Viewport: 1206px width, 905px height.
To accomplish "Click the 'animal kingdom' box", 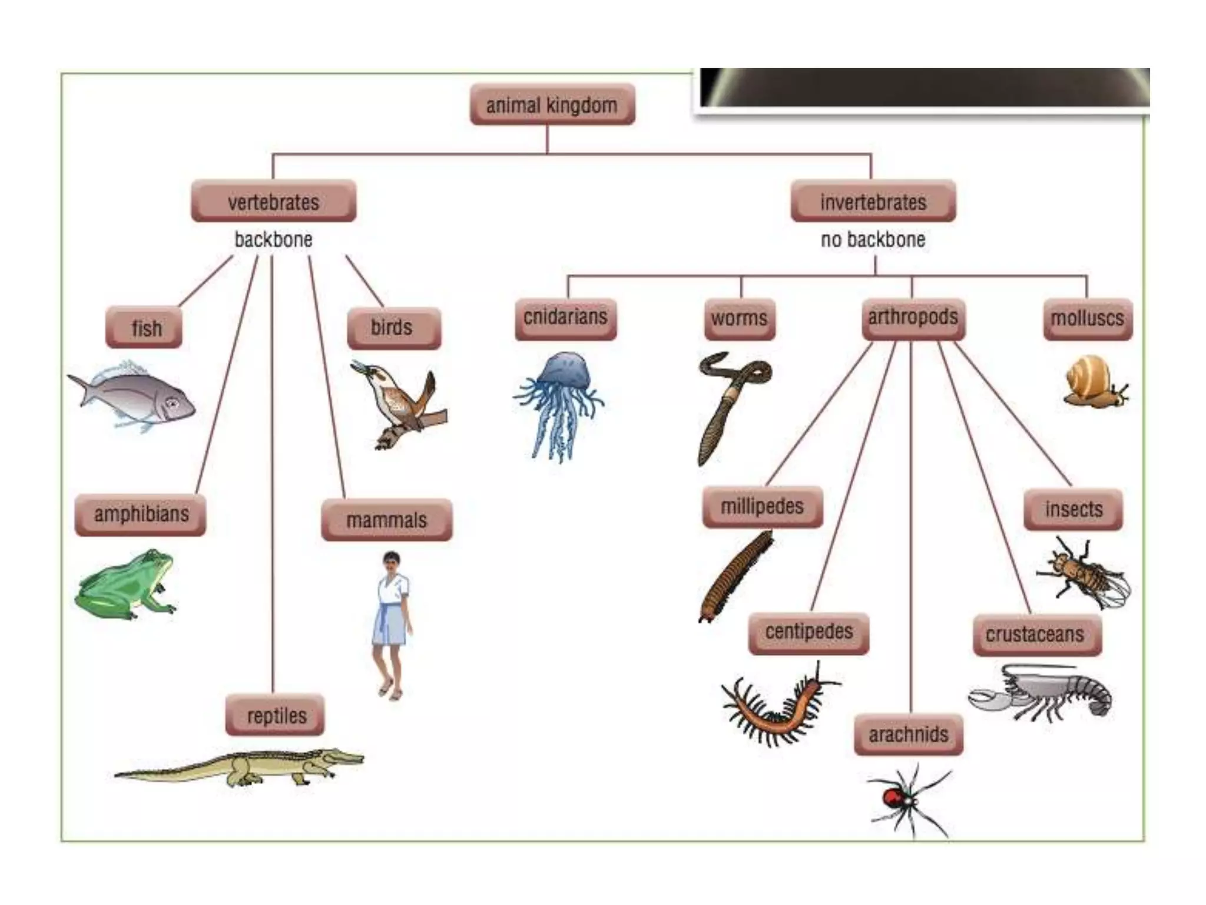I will click(x=552, y=105).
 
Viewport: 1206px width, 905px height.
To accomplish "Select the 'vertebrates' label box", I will click(x=273, y=202).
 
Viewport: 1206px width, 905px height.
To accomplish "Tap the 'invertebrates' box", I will click(x=873, y=202).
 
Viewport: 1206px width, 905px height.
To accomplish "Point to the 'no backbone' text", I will click(x=873, y=240).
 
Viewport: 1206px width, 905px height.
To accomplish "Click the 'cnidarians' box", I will click(x=565, y=318).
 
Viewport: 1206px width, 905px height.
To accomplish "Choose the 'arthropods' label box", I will click(x=913, y=318).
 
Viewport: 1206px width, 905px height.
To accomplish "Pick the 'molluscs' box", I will click(x=1087, y=319).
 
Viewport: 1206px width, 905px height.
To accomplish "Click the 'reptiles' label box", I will click(x=275, y=715).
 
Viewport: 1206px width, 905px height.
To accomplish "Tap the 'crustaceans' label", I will click(x=1036, y=635).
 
